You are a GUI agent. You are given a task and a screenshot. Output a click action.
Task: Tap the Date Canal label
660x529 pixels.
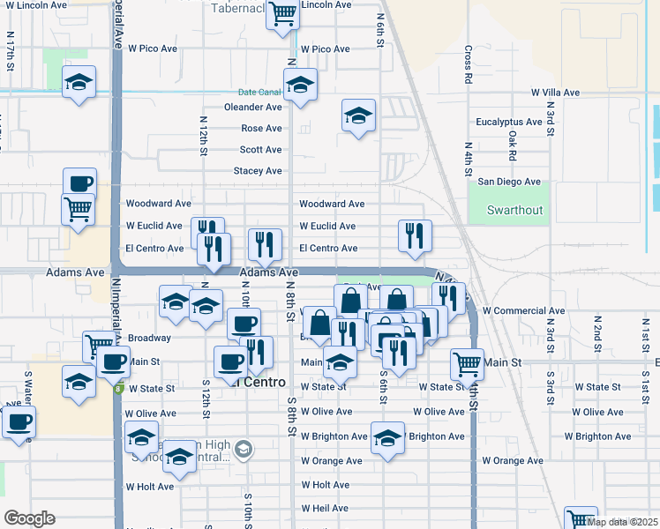(259, 92)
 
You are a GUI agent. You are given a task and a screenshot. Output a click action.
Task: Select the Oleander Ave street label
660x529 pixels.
(253, 108)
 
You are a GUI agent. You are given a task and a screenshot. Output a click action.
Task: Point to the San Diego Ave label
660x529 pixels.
(509, 182)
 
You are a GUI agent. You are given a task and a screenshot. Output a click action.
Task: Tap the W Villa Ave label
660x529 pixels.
(555, 93)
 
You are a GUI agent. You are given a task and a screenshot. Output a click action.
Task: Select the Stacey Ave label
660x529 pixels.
(258, 171)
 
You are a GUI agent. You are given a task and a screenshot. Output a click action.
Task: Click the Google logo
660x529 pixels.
(29, 518)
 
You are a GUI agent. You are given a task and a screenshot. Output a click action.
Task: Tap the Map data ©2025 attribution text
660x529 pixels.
(623, 522)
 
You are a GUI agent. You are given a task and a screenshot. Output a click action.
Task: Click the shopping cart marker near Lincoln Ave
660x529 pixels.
(282, 14)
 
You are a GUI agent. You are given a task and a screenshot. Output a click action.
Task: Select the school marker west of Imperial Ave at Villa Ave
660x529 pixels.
(79, 84)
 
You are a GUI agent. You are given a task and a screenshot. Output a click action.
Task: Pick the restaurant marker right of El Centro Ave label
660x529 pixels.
(415, 235)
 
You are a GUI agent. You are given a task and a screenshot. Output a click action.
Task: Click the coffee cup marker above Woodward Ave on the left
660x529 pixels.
(79, 183)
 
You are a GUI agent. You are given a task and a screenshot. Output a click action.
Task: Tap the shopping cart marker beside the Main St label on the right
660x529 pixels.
(466, 361)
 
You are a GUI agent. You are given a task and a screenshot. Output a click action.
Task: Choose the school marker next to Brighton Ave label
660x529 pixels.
(386, 437)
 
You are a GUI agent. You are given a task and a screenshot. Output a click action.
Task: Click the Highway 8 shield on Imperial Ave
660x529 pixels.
(117, 390)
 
